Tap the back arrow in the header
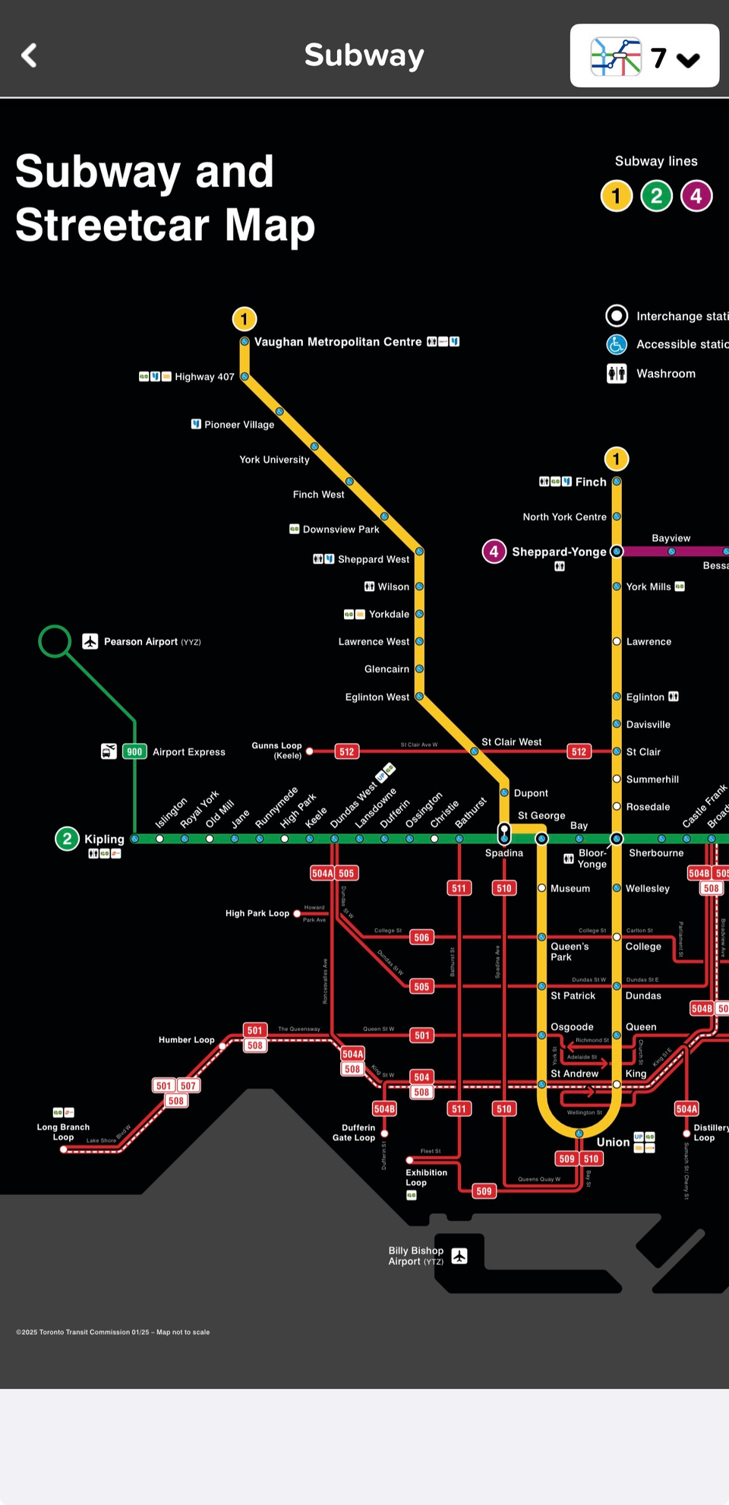29,55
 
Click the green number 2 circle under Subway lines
656,196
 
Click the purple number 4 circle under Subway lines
696,196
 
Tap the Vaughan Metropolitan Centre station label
337,342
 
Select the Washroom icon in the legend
617,374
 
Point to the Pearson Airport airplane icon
90,641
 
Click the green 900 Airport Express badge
134,751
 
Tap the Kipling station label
104,839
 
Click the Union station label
613,1142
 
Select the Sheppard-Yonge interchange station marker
617,552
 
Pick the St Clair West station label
511,741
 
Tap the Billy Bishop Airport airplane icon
459,1256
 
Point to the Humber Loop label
186,1039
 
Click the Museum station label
570,888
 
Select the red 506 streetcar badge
422,937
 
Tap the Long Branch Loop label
63,1132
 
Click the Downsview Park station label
340,529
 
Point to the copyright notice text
112,1332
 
